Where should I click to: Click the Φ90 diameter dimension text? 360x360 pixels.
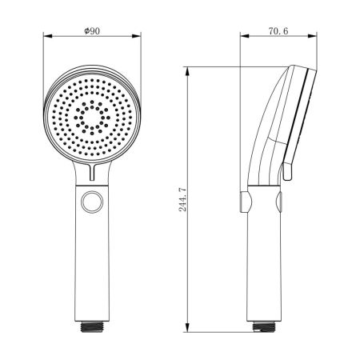[91, 30]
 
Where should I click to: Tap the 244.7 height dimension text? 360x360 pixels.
[182, 200]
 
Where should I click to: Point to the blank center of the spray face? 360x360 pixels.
[92, 120]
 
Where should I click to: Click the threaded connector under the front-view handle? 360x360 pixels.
[92, 326]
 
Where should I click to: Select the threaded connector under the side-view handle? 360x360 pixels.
[263, 326]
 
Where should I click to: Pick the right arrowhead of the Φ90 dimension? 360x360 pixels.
[138, 36]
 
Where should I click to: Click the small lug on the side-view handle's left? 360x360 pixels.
[242, 200]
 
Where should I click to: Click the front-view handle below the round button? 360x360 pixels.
[92, 264]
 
